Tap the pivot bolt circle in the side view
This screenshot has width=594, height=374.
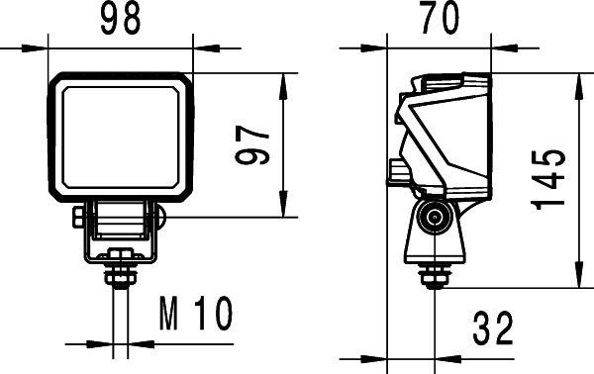pos(433,219)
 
